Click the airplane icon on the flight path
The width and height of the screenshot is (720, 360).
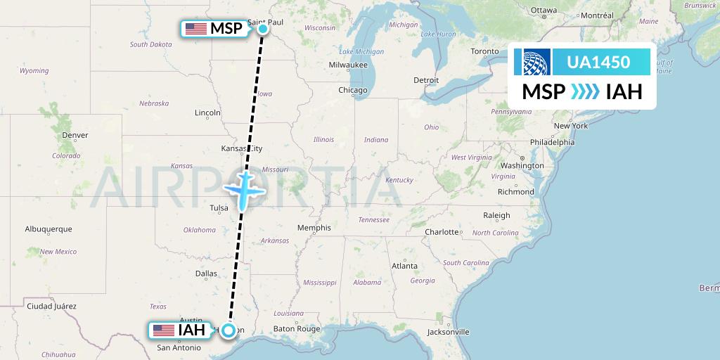[243, 189]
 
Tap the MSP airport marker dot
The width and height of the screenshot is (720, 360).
[262, 29]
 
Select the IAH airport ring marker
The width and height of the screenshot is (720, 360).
[229, 330]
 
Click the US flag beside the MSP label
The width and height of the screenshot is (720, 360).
[196, 29]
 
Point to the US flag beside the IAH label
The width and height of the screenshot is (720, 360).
[163, 330]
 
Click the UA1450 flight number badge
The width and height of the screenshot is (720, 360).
[598, 63]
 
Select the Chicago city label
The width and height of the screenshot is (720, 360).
[353, 90]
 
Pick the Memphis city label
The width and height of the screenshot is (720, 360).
[314, 228]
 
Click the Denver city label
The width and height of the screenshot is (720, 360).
[75, 135]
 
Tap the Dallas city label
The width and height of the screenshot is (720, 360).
[206, 274]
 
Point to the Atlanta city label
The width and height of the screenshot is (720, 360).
[404, 266]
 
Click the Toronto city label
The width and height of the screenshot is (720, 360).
[484, 51]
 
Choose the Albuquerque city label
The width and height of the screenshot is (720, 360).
[49, 229]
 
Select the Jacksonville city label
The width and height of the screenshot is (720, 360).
[448, 331]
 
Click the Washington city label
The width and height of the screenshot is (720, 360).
[522, 166]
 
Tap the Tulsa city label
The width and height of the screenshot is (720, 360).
[219, 208]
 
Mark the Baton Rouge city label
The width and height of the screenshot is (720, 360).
[297, 328]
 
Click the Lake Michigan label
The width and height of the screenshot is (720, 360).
[361, 51]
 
